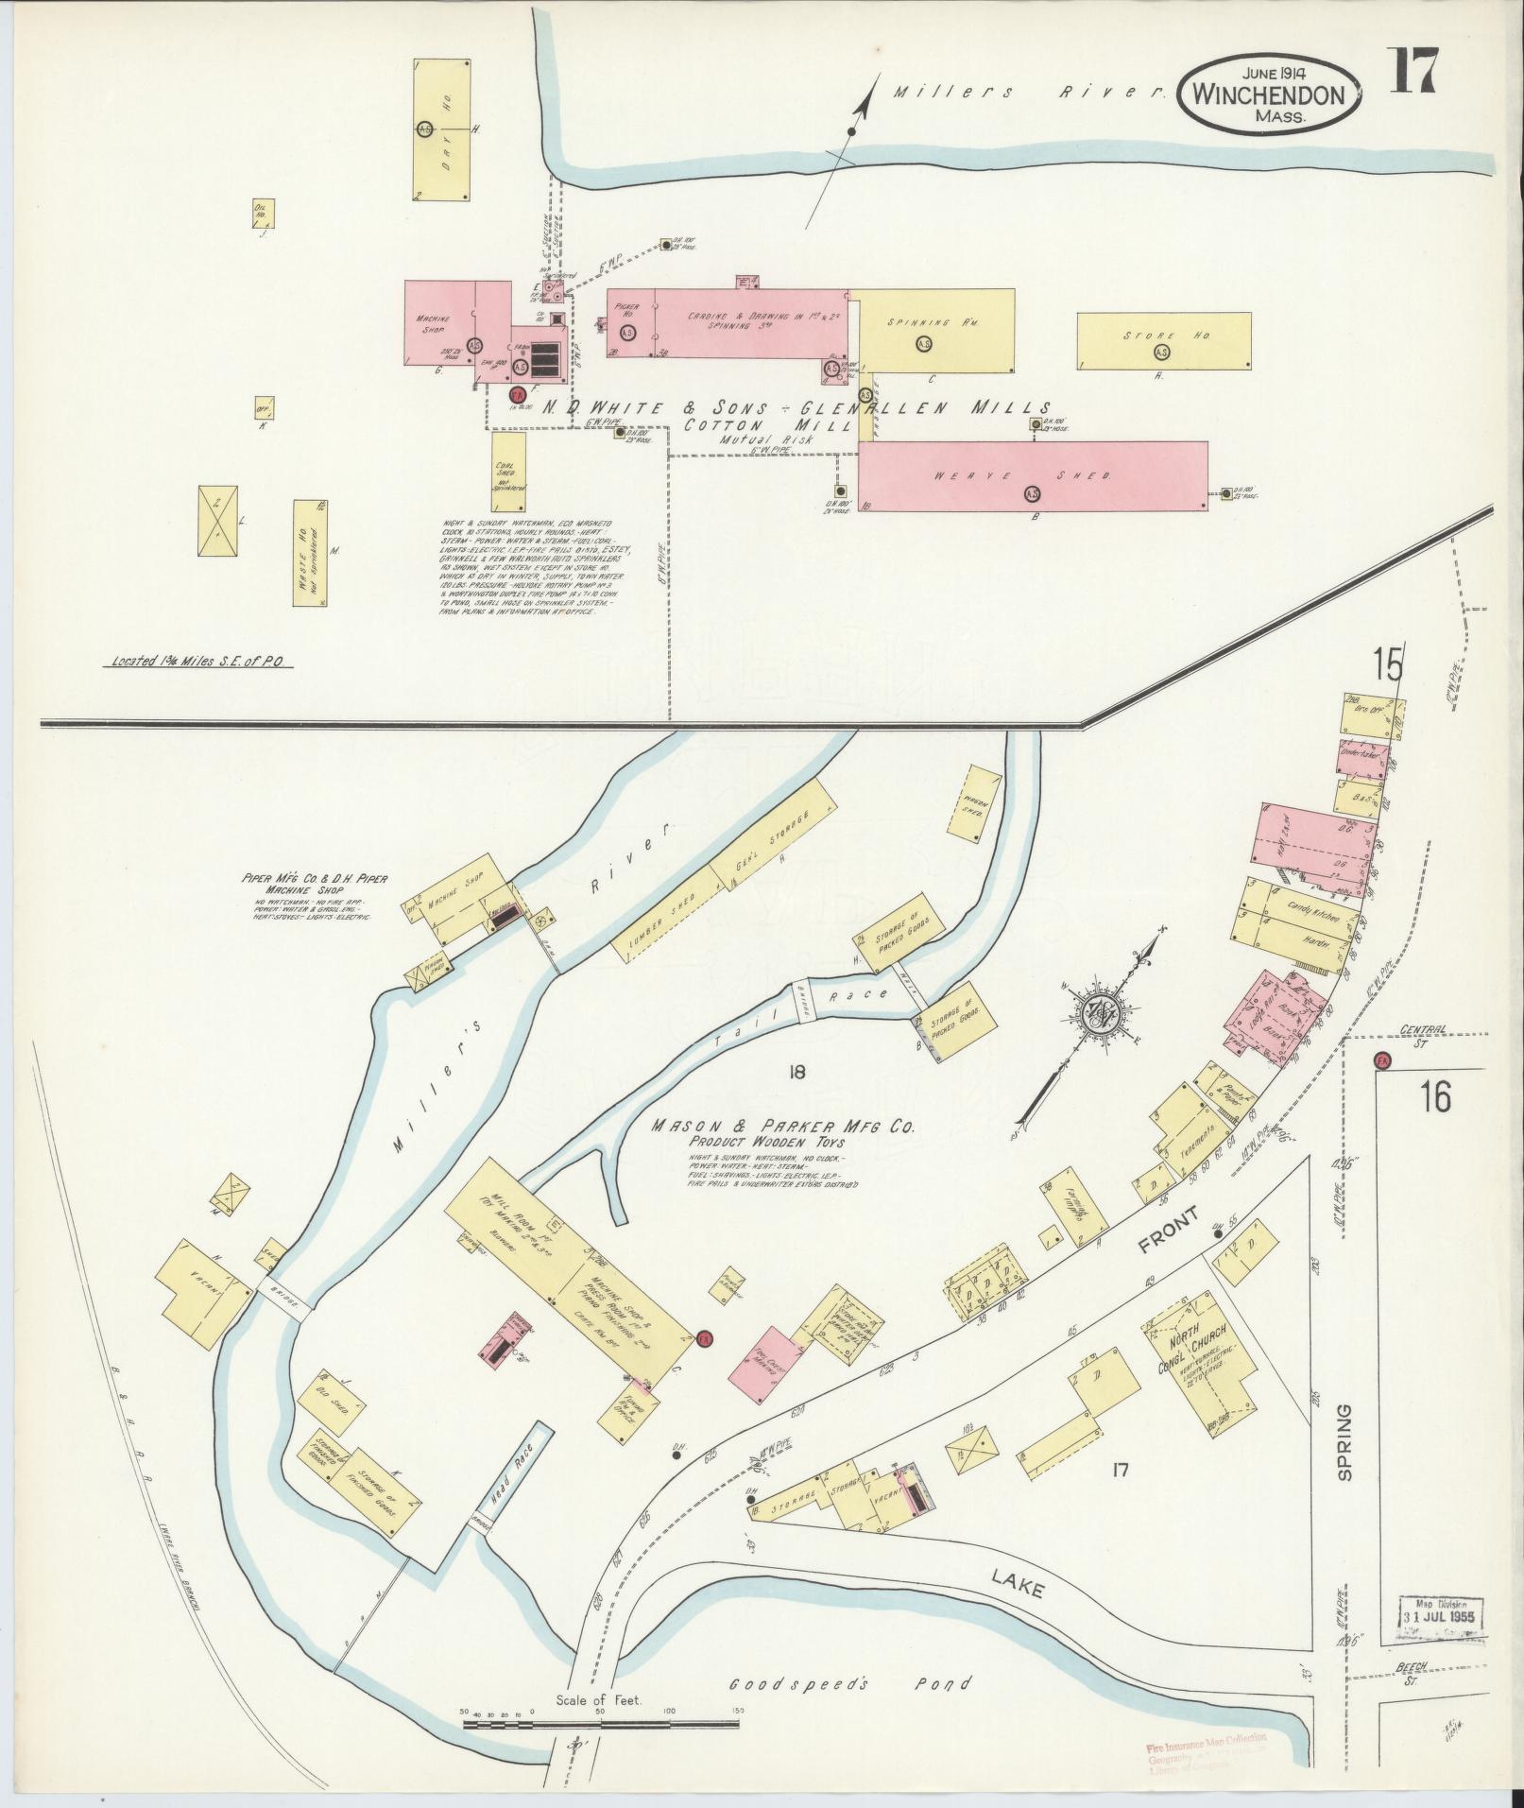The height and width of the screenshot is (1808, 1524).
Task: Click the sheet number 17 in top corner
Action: pyautogui.click(x=1413, y=70)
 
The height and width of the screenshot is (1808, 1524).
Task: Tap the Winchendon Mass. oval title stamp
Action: pyautogui.click(x=1269, y=94)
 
